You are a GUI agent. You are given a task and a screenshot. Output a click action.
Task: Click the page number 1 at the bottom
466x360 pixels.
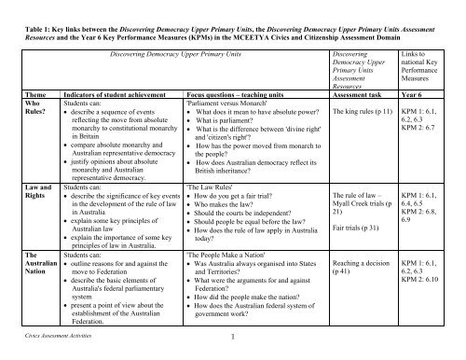(x=233, y=351)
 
